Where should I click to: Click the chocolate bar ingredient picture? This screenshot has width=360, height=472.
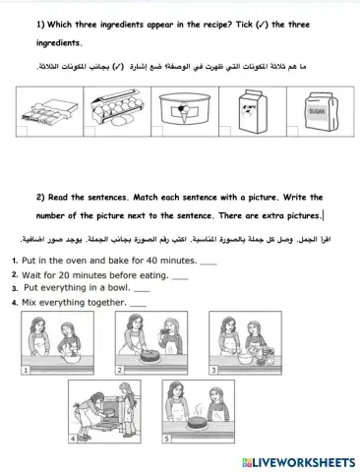[47, 120]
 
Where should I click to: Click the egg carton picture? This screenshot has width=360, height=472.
[114, 119]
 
